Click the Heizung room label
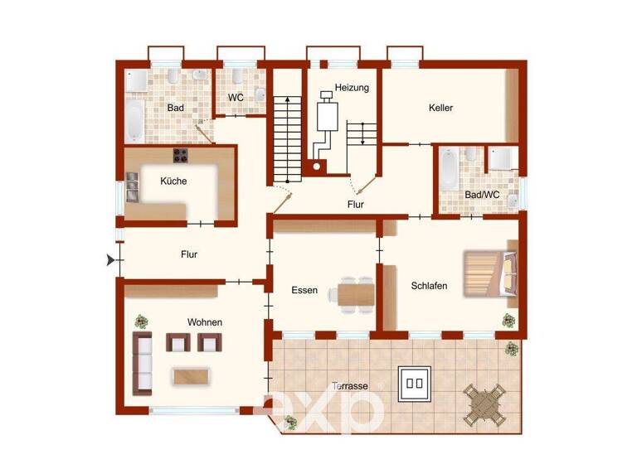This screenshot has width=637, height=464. pyautogui.click(x=352, y=87)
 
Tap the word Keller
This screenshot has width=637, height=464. pyautogui.click(x=441, y=108)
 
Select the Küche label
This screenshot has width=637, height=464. pyautogui.click(x=173, y=181)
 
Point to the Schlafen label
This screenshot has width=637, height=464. pyautogui.click(x=429, y=286)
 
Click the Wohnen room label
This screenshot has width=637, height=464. pyautogui.click(x=204, y=321)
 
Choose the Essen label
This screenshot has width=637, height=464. pyautogui.click(x=304, y=290)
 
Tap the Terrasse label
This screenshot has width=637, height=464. pyautogui.click(x=349, y=385)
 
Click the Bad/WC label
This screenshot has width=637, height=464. pyautogui.click(x=481, y=195)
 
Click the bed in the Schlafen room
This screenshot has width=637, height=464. pyautogui.click(x=490, y=273)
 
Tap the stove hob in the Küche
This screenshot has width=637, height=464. pyautogui.click(x=182, y=155)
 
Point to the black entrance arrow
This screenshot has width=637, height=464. pyautogui.click(x=111, y=260)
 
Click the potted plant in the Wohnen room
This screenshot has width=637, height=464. pyautogui.click(x=142, y=320)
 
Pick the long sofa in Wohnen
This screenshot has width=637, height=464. pyautogui.click(x=143, y=364)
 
